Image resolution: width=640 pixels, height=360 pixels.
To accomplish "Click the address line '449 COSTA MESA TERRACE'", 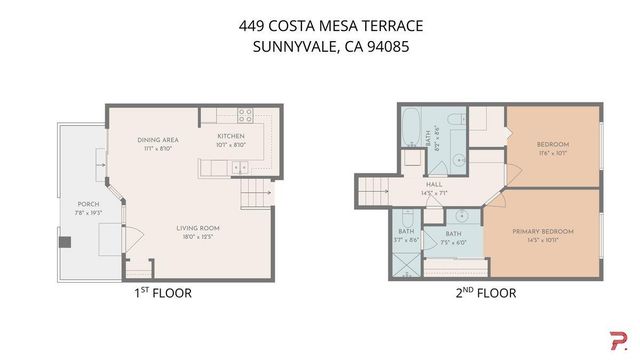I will [319, 27].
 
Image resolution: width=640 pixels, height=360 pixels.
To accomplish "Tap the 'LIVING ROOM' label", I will [172, 228].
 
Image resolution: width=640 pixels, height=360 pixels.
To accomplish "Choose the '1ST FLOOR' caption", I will [162, 294].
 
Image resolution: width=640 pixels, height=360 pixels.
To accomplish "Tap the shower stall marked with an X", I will [408, 264].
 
